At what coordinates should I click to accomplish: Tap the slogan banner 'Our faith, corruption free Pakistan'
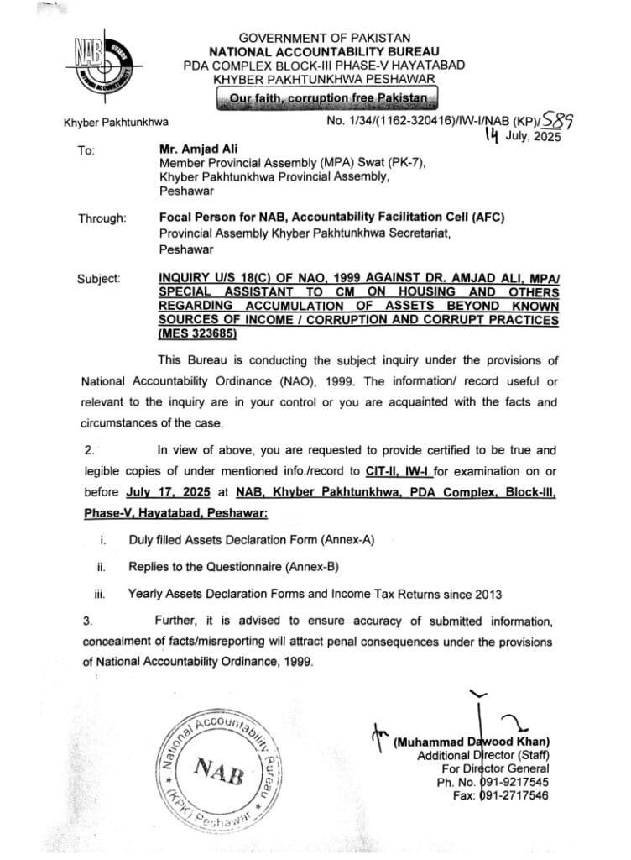(326, 98)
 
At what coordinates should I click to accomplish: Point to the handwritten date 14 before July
(495, 137)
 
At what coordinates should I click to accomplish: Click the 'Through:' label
(102, 218)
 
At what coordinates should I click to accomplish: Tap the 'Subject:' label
(99, 277)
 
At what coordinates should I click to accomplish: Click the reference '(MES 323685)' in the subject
(198, 334)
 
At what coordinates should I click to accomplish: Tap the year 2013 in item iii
(486, 594)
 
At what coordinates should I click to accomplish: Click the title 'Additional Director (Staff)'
(483, 755)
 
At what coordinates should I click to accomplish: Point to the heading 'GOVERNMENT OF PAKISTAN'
(325, 38)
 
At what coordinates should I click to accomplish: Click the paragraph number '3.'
(87, 621)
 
